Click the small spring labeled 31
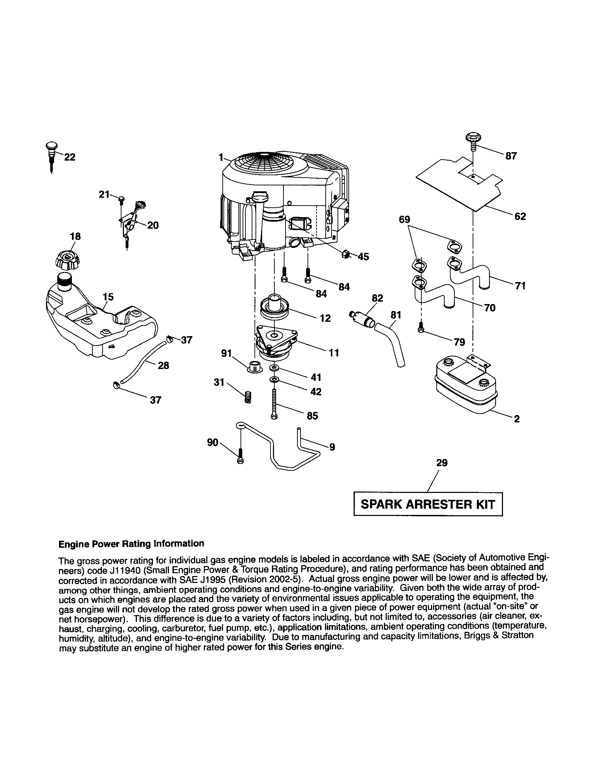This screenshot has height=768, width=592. tap(247, 398)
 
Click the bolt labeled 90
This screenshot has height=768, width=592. tap(240, 456)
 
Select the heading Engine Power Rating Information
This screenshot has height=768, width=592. tap(131, 544)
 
